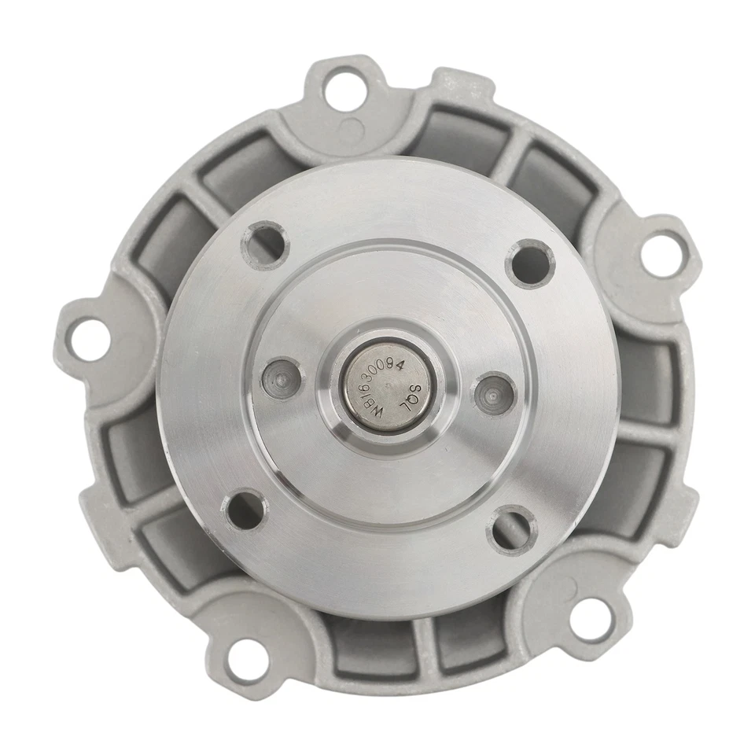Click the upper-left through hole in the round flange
265,245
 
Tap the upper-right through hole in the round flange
530,264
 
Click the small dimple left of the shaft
282,378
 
